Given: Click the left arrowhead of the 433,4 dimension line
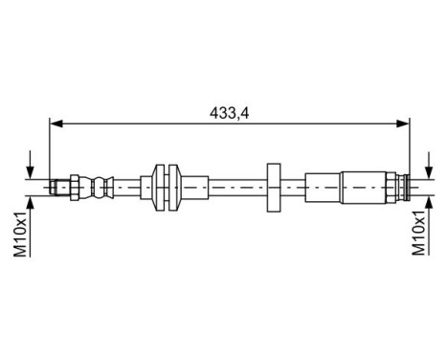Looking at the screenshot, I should pyautogui.click(x=56, y=122).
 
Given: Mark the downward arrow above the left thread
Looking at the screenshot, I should pyautogui.click(x=35, y=165).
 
